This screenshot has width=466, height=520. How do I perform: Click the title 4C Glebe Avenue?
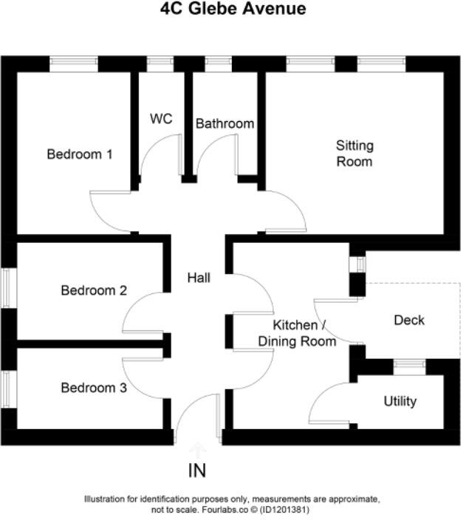(x=233, y=10)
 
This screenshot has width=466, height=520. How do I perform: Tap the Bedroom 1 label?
(x=80, y=154)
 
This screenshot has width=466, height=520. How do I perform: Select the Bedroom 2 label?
(x=94, y=290)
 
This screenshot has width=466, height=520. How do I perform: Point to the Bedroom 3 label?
(x=94, y=387)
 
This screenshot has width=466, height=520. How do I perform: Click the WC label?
(x=161, y=118)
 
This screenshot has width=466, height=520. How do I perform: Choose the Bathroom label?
(x=225, y=123)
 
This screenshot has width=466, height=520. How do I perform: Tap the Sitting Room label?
(x=354, y=153)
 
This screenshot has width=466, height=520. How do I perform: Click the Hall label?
(x=199, y=278)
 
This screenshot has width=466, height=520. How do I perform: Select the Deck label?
(x=409, y=320)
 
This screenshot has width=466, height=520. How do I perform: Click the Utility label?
(x=400, y=401)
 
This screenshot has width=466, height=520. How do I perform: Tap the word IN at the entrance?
(x=197, y=471)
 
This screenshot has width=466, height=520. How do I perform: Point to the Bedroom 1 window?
(x=74, y=64)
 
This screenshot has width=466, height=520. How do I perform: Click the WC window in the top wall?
(x=160, y=64)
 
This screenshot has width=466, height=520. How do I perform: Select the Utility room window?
(x=408, y=363)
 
